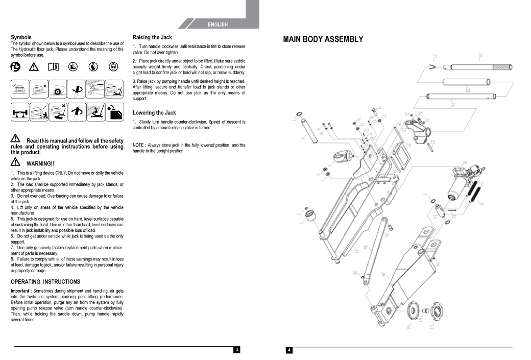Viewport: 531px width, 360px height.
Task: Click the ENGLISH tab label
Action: point(218,25)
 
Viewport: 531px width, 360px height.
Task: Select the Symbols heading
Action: point(21,37)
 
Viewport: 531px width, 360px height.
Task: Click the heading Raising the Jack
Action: point(152,37)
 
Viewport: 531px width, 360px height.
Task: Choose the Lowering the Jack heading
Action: point(154,112)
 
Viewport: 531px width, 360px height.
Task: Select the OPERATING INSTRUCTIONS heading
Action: point(45,282)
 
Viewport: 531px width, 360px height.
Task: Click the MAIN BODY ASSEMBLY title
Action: point(323,39)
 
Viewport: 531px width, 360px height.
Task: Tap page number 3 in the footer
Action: point(236,350)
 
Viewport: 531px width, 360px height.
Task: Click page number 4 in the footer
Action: point(289,350)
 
